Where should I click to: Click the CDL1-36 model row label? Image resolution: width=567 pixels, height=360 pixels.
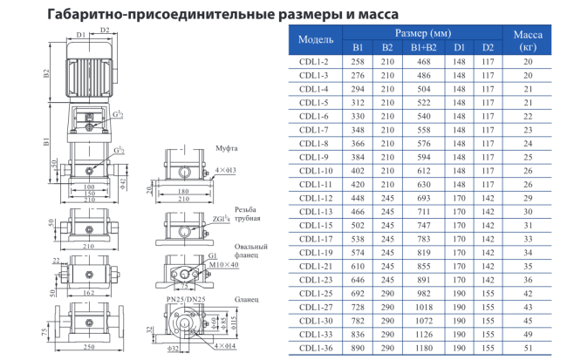pos(315,349)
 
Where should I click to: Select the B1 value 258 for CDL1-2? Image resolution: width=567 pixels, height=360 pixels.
pos(358,62)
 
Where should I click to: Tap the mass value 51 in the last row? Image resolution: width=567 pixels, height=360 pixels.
pos(528,349)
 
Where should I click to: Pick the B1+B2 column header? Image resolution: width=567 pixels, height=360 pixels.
pos(424,47)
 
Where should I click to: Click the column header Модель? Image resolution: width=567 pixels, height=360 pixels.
pos(316,40)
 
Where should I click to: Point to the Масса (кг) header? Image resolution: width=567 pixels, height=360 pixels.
pos(528,40)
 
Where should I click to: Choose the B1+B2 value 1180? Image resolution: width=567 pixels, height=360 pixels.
pos(424,349)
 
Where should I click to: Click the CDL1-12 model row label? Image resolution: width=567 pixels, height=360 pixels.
pos(315,198)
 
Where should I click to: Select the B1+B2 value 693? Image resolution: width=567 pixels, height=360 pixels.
pos(424,198)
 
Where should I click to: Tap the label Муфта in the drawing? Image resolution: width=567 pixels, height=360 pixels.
pos(227,150)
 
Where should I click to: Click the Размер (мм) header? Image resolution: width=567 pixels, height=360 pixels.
pos(422,32)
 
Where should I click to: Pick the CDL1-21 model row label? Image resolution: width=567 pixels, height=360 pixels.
pos(315,265)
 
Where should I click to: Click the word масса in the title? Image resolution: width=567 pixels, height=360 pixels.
pos(350,14)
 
